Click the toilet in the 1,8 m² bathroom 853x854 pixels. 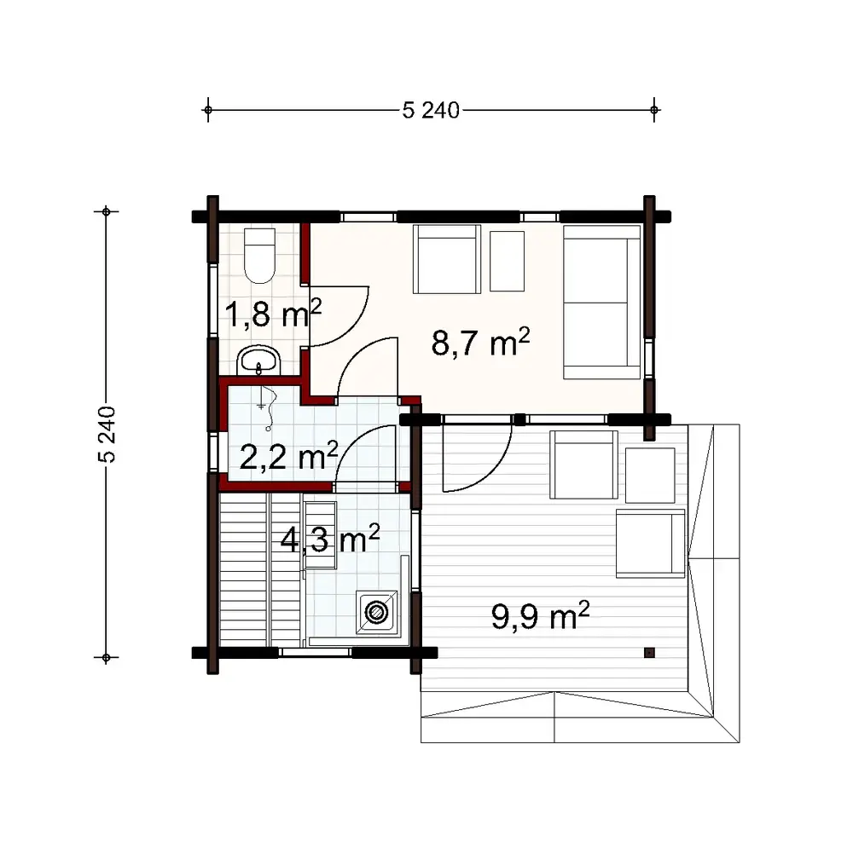pyautogui.click(x=258, y=255)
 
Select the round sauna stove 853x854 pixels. pyautogui.click(x=375, y=611)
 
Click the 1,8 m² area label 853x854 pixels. pyautogui.click(x=272, y=315)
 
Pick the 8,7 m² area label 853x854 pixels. pyautogui.click(x=481, y=343)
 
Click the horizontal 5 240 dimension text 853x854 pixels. pyautogui.click(x=430, y=110)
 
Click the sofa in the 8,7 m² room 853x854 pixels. pyautogui.click(x=601, y=302)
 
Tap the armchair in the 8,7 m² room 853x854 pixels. pyautogui.click(x=446, y=259)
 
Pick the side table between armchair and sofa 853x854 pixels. pyautogui.click(x=508, y=261)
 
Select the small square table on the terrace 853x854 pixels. pyautogui.click(x=650, y=475)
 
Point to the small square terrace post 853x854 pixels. pyautogui.click(x=649, y=653)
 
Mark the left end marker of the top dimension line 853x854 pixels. pyautogui.click(x=207, y=110)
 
